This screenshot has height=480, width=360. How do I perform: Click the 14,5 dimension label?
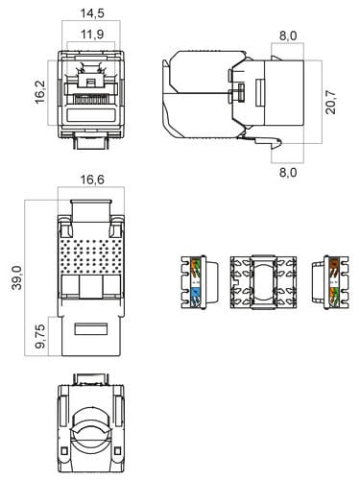click(92, 13)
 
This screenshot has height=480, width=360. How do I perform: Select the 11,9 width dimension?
click(92, 35)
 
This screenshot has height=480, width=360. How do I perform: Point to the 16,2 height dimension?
click(40, 92)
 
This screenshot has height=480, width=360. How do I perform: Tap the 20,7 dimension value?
click(330, 103)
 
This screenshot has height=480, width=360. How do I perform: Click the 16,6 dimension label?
click(92, 180)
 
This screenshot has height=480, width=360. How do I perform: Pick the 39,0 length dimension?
click(16, 277)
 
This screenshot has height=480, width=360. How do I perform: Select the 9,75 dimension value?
click(40, 336)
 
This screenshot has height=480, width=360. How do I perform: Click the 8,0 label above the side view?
click(288, 36)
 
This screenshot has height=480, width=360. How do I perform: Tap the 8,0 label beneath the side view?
click(288, 173)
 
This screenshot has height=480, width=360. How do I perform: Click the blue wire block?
click(195, 296)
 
